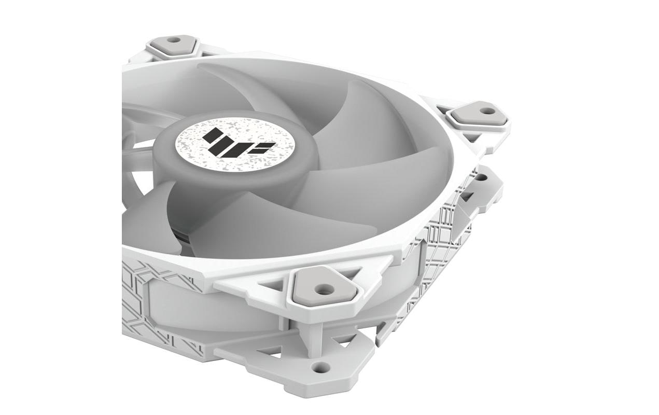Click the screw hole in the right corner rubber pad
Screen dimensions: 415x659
coord(486,110)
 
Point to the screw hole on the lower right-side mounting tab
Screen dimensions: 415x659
coord(481,177)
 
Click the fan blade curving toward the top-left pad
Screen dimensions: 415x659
coord(244,83)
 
